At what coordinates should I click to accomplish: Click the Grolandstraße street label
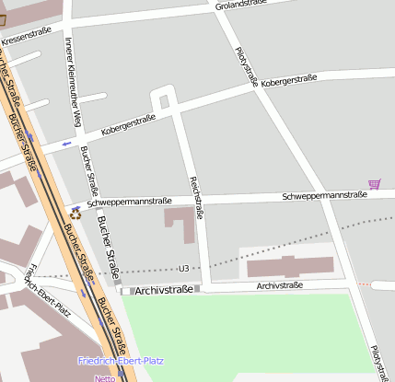point(241,6)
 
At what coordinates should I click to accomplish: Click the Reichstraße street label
point(195,197)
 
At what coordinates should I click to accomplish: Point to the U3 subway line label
point(184,269)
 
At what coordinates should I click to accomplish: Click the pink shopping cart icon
point(374,184)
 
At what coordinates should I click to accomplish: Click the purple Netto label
point(104,377)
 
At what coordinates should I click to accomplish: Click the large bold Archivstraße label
point(163,290)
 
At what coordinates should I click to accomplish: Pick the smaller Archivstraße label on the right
point(280,286)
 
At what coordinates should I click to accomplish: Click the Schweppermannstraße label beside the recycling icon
point(130,202)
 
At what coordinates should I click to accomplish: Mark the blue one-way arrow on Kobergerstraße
point(65,143)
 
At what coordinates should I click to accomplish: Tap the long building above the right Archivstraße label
point(290,267)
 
